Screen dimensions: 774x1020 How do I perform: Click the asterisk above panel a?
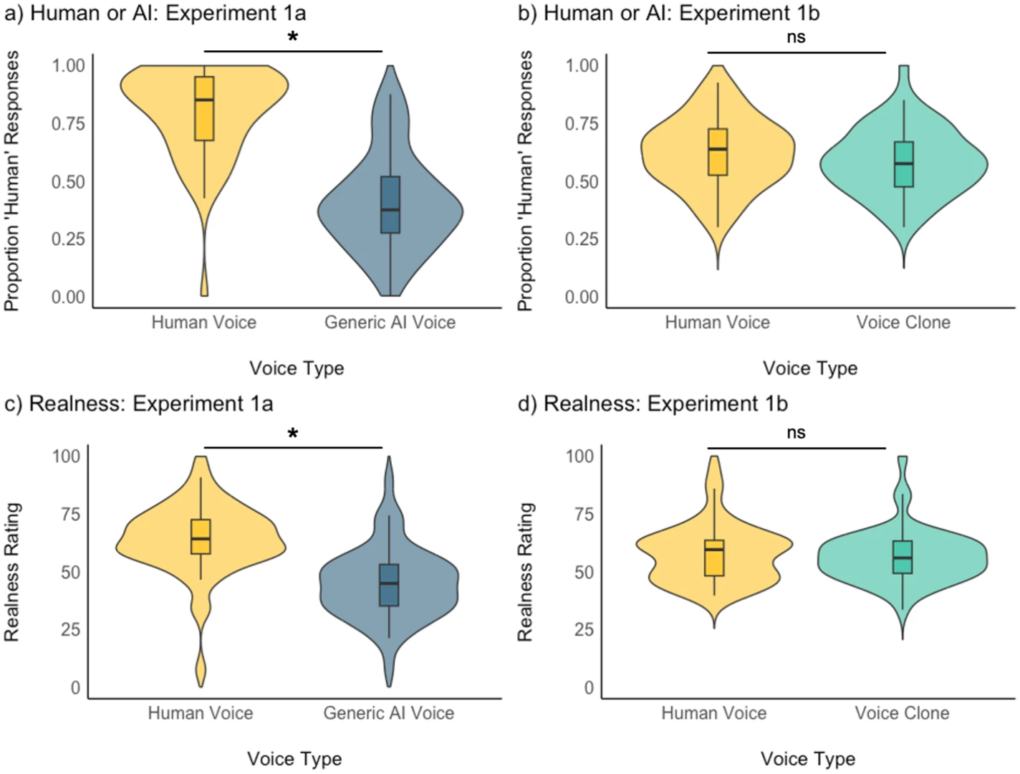(x=293, y=37)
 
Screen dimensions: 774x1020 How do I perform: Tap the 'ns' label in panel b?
(x=796, y=37)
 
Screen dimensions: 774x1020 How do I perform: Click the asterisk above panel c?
(x=293, y=434)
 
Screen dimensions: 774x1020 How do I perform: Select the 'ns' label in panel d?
(x=796, y=433)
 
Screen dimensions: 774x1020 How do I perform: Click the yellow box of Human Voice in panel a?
(x=204, y=108)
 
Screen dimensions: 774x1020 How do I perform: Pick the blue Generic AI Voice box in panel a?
(x=390, y=204)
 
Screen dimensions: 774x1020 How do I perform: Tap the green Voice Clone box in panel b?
(x=904, y=164)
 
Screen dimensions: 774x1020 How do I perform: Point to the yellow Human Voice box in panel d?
(x=714, y=558)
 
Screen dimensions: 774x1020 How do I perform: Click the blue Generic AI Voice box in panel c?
(x=389, y=585)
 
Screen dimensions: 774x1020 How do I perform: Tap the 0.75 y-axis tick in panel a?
(x=68, y=124)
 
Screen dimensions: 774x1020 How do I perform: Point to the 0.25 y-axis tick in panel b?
(x=582, y=239)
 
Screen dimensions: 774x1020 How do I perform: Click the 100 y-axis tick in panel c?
(x=67, y=456)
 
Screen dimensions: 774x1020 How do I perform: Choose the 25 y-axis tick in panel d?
(x=584, y=629)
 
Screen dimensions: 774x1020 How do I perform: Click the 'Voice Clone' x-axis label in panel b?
(x=903, y=322)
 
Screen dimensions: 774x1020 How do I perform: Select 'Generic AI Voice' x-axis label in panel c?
(x=388, y=713)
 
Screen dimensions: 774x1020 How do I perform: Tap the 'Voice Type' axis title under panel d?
(x=808, y=759)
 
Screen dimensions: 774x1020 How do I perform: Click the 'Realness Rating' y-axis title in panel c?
(x=12, y=572)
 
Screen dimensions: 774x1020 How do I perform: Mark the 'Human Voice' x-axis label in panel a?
(x=203, y=322)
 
